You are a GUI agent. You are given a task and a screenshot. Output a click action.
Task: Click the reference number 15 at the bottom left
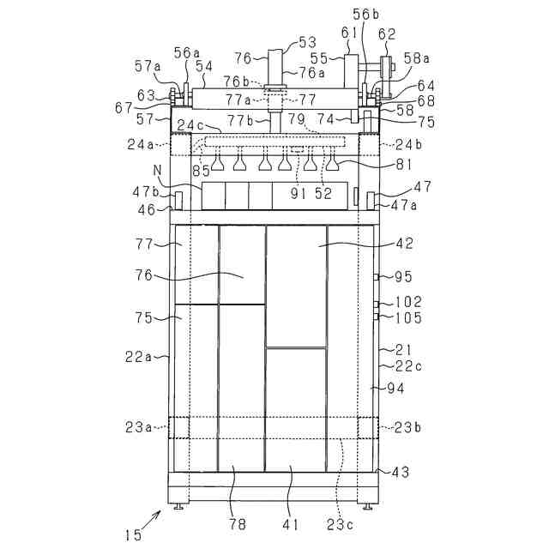tap(133, 534)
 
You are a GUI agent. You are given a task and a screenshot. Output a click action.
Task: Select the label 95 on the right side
tap(403, 276)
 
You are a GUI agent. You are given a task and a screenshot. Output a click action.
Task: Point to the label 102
tap(407, 303)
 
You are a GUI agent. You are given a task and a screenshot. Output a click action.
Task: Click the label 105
tap(407, 318)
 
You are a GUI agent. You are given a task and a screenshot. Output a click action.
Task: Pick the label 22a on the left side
tap(137, 357)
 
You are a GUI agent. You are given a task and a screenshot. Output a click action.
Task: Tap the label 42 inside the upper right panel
tap(404, 244)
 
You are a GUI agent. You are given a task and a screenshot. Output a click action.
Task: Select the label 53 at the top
tap(306, 41)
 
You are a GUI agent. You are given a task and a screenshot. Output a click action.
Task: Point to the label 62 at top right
tap(387, 35)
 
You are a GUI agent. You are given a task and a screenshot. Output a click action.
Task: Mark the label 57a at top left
tap(147, 65)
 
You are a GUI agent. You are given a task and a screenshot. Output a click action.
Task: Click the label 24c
tap(191, 126)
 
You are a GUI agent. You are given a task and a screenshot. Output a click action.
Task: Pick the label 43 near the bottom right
tap(400, 472)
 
